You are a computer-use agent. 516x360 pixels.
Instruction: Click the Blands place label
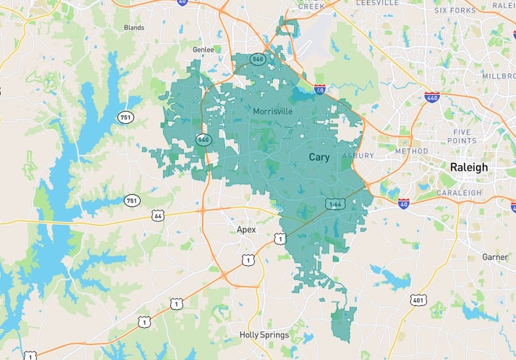coord(133,27)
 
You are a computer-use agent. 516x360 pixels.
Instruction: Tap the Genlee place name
coord(203,49)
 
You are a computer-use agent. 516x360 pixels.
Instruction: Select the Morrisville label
coord(273,112)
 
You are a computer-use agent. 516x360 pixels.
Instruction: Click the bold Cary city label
coord(319,157)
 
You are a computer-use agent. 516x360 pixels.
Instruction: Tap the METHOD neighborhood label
coord(411,151)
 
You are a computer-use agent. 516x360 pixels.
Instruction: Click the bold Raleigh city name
coord(468,168)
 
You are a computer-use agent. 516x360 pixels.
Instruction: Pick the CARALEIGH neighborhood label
coord(460,193)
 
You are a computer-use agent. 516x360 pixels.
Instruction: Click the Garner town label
coord(494,257)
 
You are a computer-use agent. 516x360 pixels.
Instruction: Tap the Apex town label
coord(246,230)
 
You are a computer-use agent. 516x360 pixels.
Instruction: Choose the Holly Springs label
coord(264,335)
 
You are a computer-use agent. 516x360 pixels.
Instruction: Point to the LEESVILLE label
coord(377,3)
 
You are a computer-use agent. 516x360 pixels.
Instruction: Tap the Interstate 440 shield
coord(432,97)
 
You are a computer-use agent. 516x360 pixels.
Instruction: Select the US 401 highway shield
coord(418,300)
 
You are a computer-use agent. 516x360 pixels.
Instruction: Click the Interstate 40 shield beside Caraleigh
coord(404,204)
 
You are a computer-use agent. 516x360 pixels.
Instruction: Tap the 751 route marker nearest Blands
coord(126,117)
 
